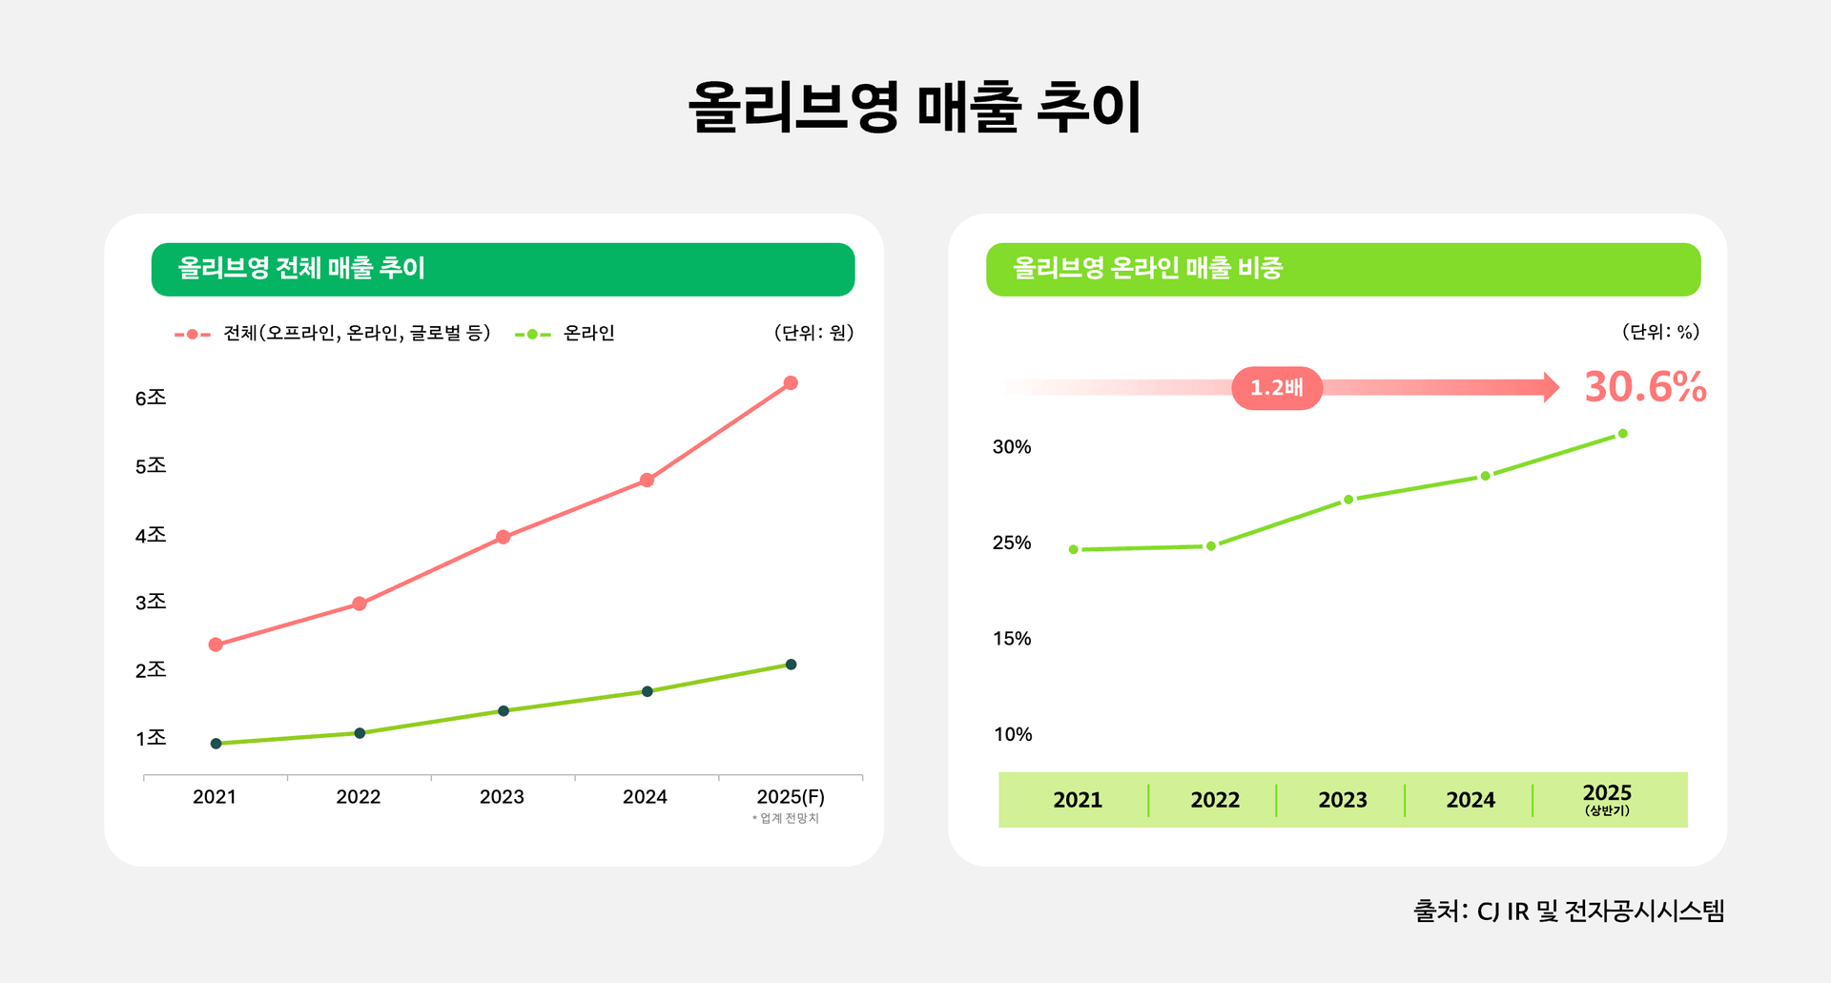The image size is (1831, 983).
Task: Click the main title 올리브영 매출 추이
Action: tap(915, 106)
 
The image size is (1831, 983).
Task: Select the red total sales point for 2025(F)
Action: tap(791, 383)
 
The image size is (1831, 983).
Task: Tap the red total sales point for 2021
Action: tap(216, 645)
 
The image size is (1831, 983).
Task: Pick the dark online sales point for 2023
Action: tap(504, 710)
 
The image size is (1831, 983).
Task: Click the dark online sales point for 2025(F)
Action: tap(791, 665)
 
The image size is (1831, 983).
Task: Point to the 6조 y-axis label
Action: tap(151, 398)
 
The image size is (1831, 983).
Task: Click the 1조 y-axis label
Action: tap(151, 738)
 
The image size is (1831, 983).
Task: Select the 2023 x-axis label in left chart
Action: tap(502, 797)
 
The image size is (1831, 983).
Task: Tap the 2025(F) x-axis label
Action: tap(790, 797)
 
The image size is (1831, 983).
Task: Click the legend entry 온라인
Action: tap(587, 334)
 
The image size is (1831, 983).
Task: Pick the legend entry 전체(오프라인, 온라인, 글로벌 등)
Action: tap(357, 334)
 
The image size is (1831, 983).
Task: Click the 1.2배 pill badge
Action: tap(1277, 388)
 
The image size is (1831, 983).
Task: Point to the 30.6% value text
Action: tap(1645, 387)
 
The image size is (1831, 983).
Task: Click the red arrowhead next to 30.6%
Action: tap(1552, 387)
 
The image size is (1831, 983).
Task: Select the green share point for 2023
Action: tap(1348, 500)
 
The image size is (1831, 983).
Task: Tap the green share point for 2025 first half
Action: tap(1622, 434)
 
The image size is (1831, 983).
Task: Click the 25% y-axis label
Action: tap(1012, 543)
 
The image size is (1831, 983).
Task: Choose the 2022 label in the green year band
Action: tap(1215, 800)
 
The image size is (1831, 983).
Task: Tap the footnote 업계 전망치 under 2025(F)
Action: tap(787, 819)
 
